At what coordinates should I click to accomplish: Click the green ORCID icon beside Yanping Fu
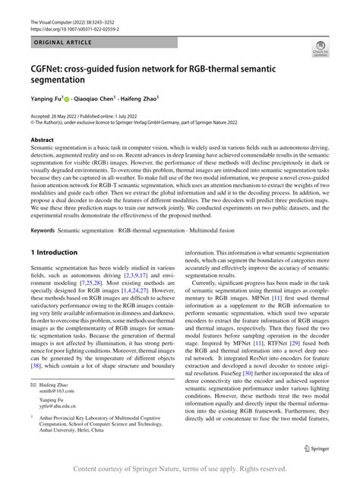pyautogui.click(x=67, y=99)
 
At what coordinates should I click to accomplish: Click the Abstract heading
pyautogui.click(x=42, y=141)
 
